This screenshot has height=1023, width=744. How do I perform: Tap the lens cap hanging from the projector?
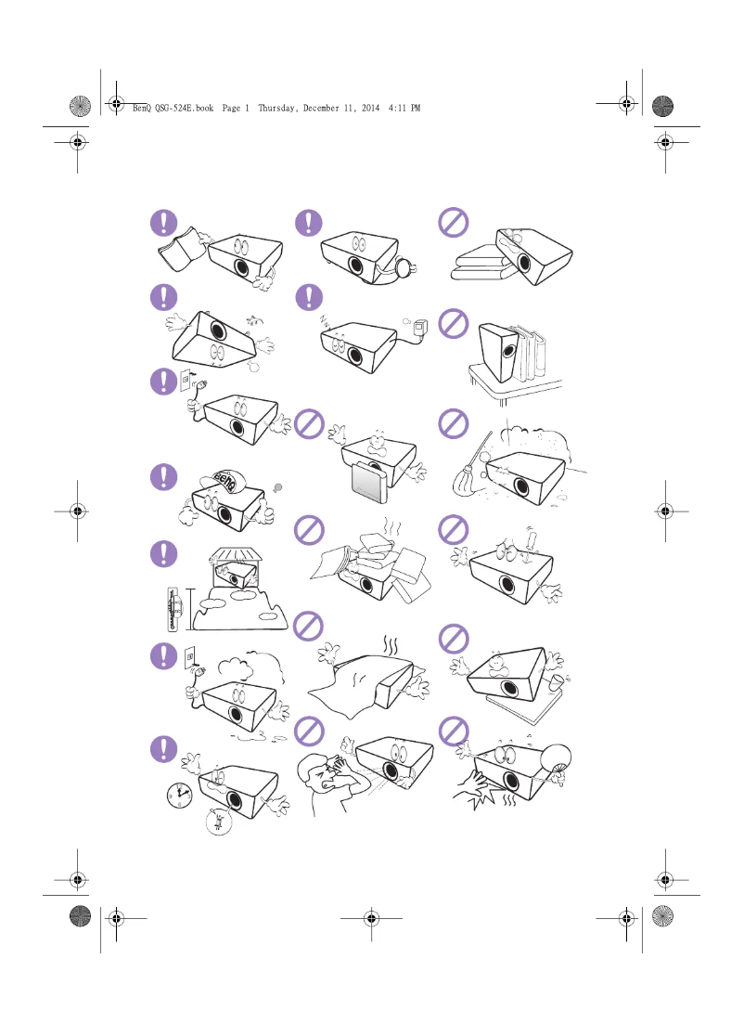405,267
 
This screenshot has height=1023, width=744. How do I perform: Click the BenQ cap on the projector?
225,481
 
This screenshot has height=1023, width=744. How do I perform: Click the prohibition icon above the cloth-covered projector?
309,628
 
